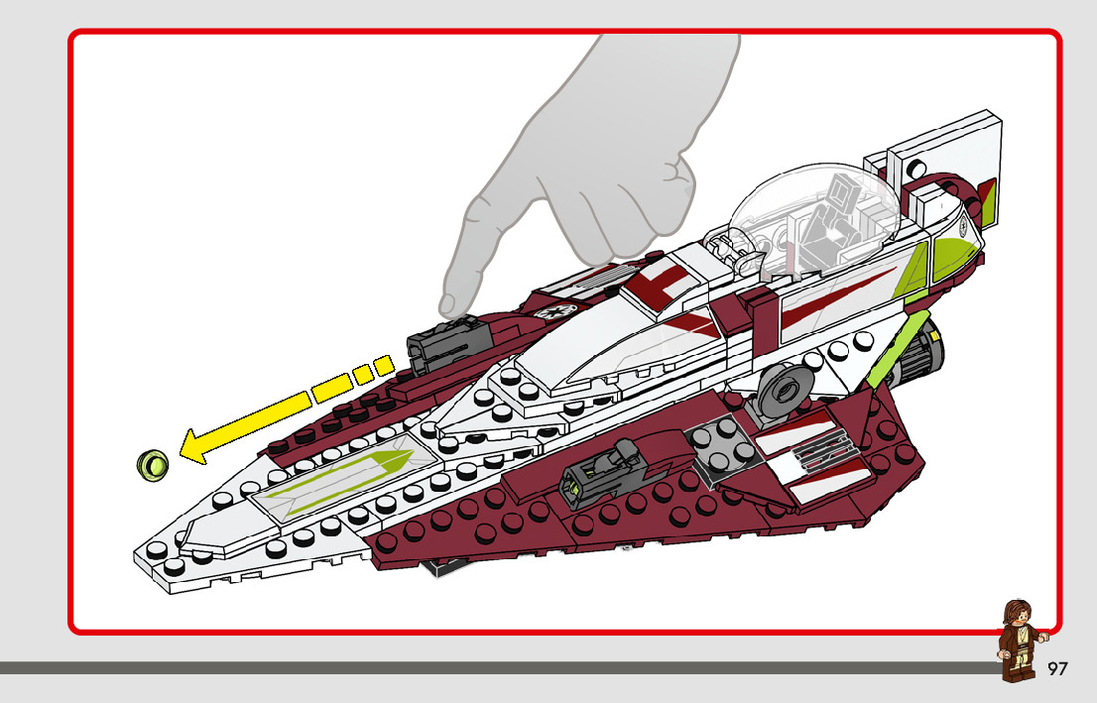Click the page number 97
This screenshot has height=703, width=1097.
pyautogui.click(x=1057, y=669)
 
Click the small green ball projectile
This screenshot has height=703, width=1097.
pyautogui.click(x=152, y=462)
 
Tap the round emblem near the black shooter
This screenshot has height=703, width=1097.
pyautogui.click(x=548, y=310)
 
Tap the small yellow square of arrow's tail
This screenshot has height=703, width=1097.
pyautogui.click(x=383, y=364)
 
